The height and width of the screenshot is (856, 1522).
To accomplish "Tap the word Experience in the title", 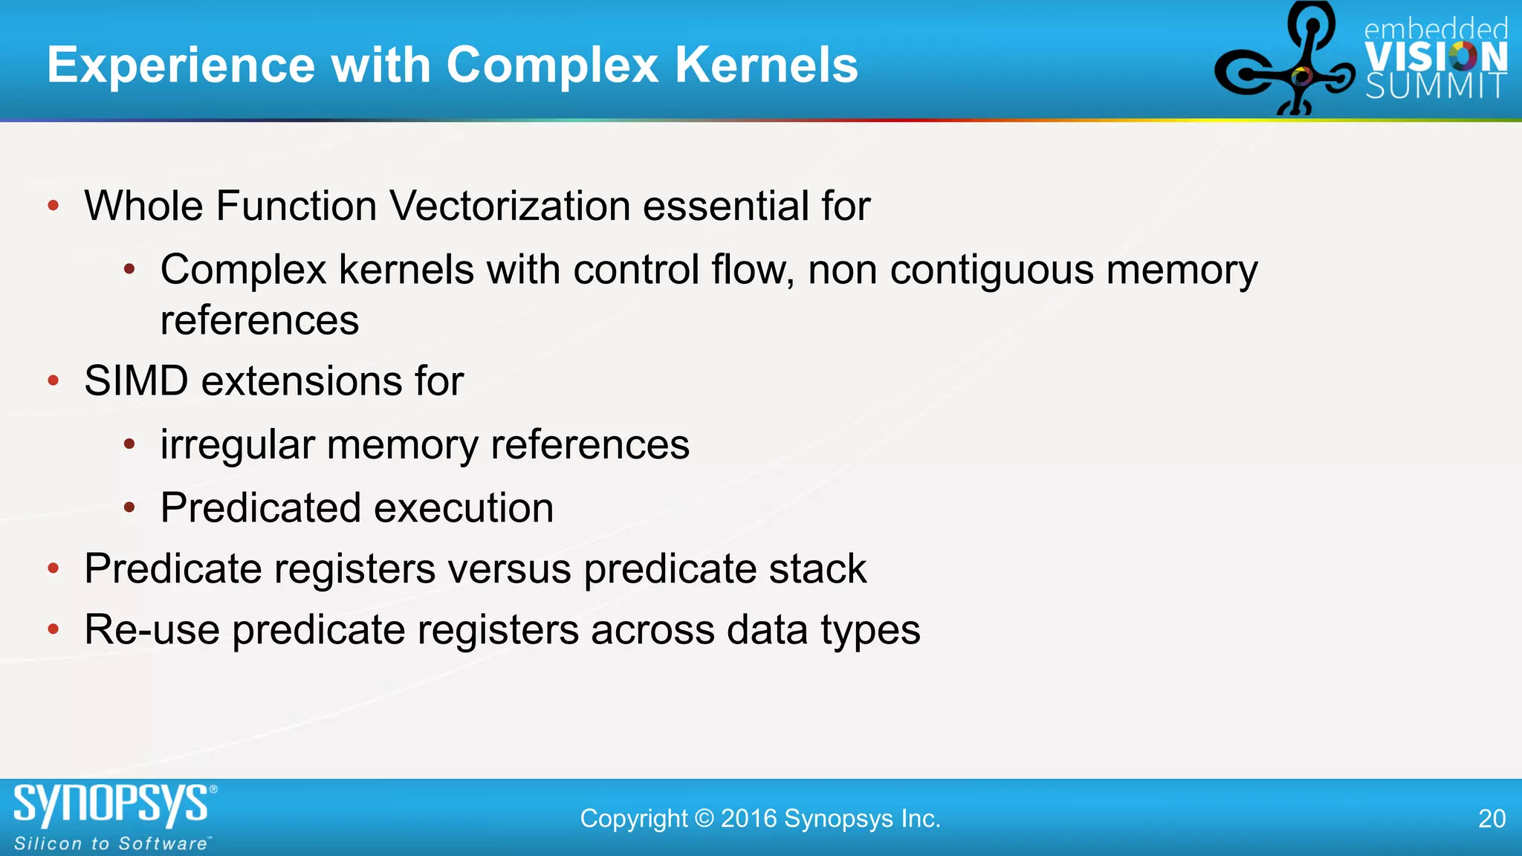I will pyautogui.click(x=181, y=65).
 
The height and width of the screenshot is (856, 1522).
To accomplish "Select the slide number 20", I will pyautogui.click(x=1492, y=819).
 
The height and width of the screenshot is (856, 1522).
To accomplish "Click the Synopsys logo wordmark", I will pyautogui.click(x=111, y=805).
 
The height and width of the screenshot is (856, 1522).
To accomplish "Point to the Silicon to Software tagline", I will pyautogui.click(x=111, y=844).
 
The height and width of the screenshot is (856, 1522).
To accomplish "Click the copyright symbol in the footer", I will pyautogui.click(x=704, y=819).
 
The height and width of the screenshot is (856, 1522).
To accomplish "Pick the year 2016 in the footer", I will pyautogui.click(x=748, y=819).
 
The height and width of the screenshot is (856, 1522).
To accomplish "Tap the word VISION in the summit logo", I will pyautogui.click(x=1436, y=57).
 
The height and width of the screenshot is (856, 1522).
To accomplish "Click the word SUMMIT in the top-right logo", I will pyautogui.click(x=1436, y=87).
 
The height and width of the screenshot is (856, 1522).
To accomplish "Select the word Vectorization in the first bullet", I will pyautogui.click(x=510, y=206).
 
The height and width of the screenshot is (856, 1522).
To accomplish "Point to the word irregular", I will pyautogui.click(x=238, y=445).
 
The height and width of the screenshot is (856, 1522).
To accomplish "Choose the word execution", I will pyautogui.click(x=464, y=508).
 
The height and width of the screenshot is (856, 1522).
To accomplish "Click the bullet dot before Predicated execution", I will pyautogui.click(x=129, y=508).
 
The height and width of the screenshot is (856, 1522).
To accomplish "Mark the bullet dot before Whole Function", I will pyautogui.click(x=53, y=206).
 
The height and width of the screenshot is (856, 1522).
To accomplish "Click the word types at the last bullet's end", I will pyautogui.click(x=870, y=631).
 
